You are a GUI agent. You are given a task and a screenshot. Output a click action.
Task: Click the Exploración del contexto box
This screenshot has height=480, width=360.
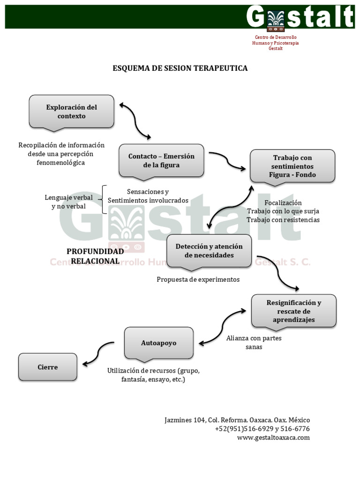pos(71,111)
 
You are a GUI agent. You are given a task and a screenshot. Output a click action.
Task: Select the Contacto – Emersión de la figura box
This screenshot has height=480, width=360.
pos(161,160)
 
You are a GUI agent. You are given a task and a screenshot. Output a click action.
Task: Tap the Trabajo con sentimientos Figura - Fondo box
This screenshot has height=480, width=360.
pos(292,166)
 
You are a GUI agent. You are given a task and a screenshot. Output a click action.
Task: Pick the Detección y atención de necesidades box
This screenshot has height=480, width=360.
pos(209,251)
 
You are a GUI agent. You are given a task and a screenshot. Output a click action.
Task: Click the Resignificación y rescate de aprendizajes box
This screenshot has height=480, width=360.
pos(294,311)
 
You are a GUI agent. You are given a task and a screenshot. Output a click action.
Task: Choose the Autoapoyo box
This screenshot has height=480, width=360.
pos(158,343)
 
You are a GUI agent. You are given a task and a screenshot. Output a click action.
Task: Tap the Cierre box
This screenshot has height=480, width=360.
pos(48,367)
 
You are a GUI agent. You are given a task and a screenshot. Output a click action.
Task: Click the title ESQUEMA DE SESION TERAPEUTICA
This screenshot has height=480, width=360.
pos(180,68)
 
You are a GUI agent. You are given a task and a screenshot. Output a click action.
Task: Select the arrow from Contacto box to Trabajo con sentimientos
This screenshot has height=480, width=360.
pos(227,161)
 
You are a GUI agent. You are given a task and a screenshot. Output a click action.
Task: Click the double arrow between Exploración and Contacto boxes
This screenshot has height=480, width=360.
pos(135,121)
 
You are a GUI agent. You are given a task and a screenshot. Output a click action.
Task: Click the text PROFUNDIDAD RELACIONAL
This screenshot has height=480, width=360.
pos(95,256)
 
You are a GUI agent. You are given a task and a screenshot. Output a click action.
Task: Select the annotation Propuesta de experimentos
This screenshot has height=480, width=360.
pos(198,279)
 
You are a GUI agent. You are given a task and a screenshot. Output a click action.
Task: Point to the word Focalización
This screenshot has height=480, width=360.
pos(283,202)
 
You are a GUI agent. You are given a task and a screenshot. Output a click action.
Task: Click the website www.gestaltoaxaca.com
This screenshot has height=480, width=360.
pos(273,437)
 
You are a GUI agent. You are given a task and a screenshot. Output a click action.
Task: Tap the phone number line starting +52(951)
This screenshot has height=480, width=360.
pos(262,428)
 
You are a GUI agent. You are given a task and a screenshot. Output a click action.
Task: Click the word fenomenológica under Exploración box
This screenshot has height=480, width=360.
pos(61,163)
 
